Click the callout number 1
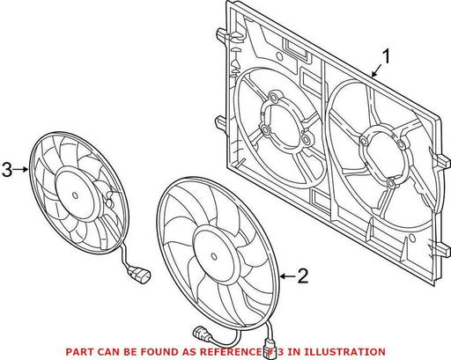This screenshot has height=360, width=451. coord(386,56)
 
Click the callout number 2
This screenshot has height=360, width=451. coord(303,276)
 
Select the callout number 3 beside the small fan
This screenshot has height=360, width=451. coord(7,169)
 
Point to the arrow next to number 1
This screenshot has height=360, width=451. coord(376,71)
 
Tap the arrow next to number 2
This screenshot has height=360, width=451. coord(287,276)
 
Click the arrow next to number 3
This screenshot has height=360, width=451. coord(21,169)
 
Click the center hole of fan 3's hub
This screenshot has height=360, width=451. coord(75,195)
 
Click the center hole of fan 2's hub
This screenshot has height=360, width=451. coord(214,256)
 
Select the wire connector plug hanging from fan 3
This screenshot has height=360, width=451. coord(138,276)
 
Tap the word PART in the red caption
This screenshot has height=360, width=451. coord(78,351)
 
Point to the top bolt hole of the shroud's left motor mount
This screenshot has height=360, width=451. coord(275,97)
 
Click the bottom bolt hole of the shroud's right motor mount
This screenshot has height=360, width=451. coord(391,183)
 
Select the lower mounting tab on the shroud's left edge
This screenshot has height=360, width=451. coord(221,122)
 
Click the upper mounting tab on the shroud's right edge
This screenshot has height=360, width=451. coord(443,160)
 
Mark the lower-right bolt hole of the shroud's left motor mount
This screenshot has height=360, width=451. coord(307,138)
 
